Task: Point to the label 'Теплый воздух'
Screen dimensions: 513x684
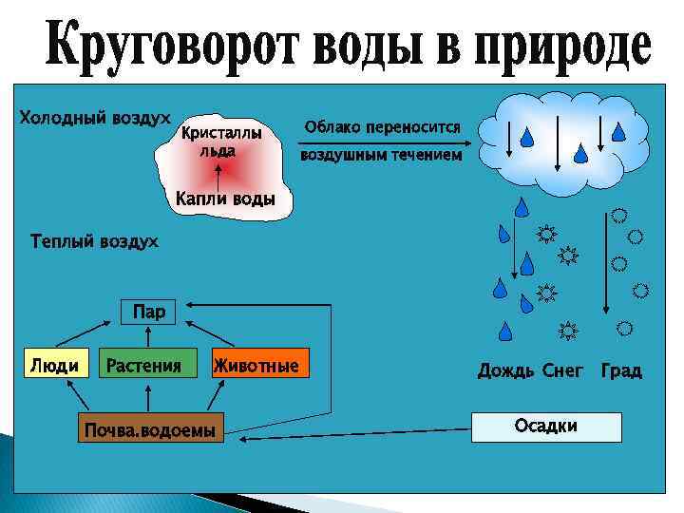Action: tap(94, 241)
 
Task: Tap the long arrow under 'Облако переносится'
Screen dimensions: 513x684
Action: tap(381, 140)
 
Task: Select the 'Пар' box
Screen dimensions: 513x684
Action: tap(148, 311)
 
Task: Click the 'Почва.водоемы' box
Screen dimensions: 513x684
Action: tap(150, 430)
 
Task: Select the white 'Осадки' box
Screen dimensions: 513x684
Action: tap(545, 426)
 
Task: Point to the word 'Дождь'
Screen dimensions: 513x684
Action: tap(505, 370)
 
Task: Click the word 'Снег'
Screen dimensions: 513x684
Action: tap(562, 370)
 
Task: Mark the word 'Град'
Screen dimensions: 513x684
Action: tap(621, 370)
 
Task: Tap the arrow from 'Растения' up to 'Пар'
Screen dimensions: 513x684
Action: tap(149, 337)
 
